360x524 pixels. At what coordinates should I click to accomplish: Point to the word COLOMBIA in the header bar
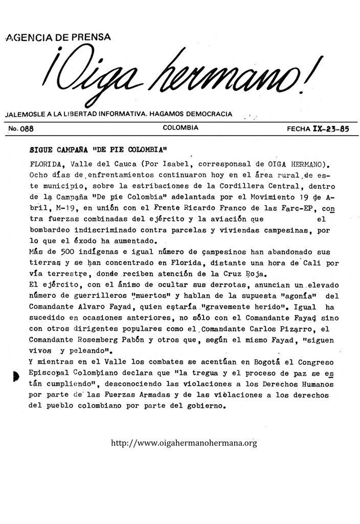[x=181, y=128]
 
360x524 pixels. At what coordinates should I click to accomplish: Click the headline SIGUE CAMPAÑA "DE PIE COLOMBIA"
[x=99, y=151]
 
